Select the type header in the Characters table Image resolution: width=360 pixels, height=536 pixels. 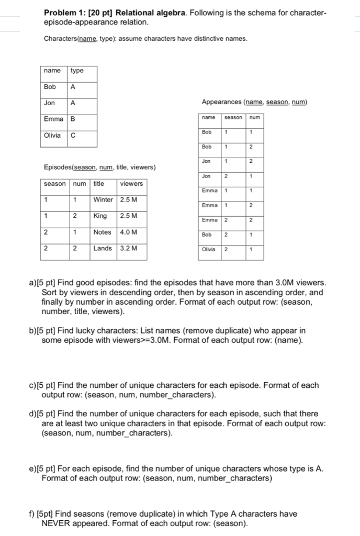click(76, 71)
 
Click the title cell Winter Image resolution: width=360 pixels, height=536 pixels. click(103, 199)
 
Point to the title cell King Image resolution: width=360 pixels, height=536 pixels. click(100, 216)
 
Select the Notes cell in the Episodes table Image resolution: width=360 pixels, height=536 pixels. click(102, 232)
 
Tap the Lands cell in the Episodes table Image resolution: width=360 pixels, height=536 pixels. click(103, 248)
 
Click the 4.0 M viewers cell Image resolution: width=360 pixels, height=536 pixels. click(129, 232)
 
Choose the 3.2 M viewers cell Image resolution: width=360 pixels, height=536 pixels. click(129, 248)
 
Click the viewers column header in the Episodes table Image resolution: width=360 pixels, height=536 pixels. click(131, 184)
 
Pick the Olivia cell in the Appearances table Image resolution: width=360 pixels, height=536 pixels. click(209, 250)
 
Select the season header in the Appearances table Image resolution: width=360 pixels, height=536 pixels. click(233, 117)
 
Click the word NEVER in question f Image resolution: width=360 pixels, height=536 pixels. click(57, 523)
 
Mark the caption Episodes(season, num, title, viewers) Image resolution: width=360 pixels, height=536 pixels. click(99, 167)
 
